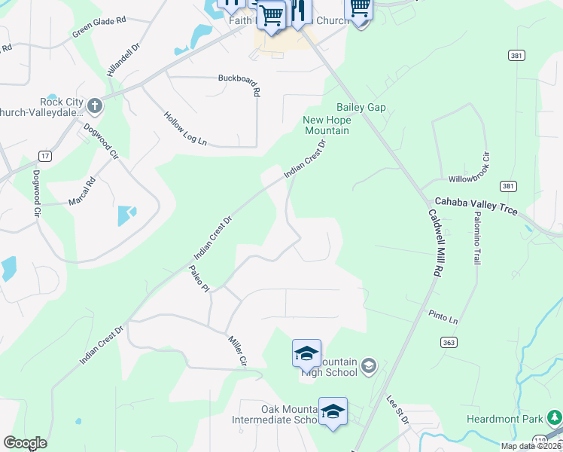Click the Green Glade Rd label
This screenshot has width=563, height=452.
(99, 28)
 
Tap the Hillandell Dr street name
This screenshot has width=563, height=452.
(125, 59)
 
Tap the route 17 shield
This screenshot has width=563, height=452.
(45, 156)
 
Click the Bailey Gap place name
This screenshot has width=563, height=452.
(361, 108)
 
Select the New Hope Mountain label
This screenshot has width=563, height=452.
(327, 125)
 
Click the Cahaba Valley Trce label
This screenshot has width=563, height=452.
(476, 206)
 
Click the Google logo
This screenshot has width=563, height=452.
(25, 443)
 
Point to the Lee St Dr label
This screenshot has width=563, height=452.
(397, 410)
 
